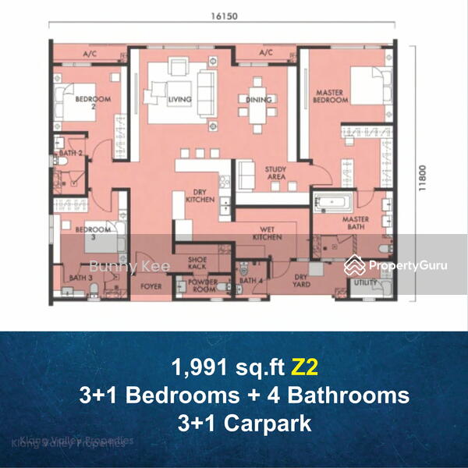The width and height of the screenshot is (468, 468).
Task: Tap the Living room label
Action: click(x=179, y=100)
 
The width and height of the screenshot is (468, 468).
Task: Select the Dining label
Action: click(x=258, y=100)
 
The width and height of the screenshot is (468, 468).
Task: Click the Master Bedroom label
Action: click(x=330, y=96)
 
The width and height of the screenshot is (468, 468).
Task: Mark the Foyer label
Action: click(x=151, y=285)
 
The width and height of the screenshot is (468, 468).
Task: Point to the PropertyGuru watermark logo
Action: click(x=396, y=264)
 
